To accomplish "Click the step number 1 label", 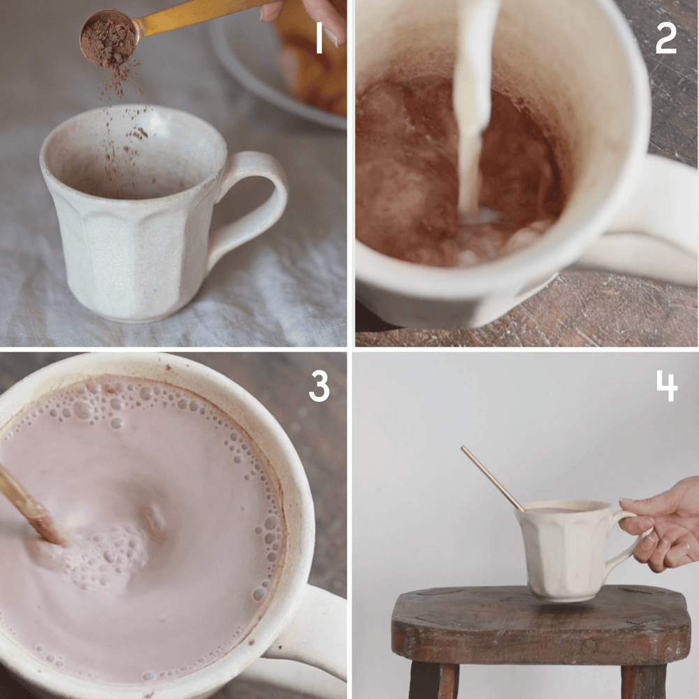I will pos(319,40).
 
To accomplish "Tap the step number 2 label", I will pos(665,40).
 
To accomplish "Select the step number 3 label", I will pos(319,387).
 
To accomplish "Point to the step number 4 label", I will pos(666,387).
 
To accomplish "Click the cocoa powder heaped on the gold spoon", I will pos(107,38).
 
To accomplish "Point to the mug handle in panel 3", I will pos(308,629).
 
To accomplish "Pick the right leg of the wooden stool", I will pos(643,682).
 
